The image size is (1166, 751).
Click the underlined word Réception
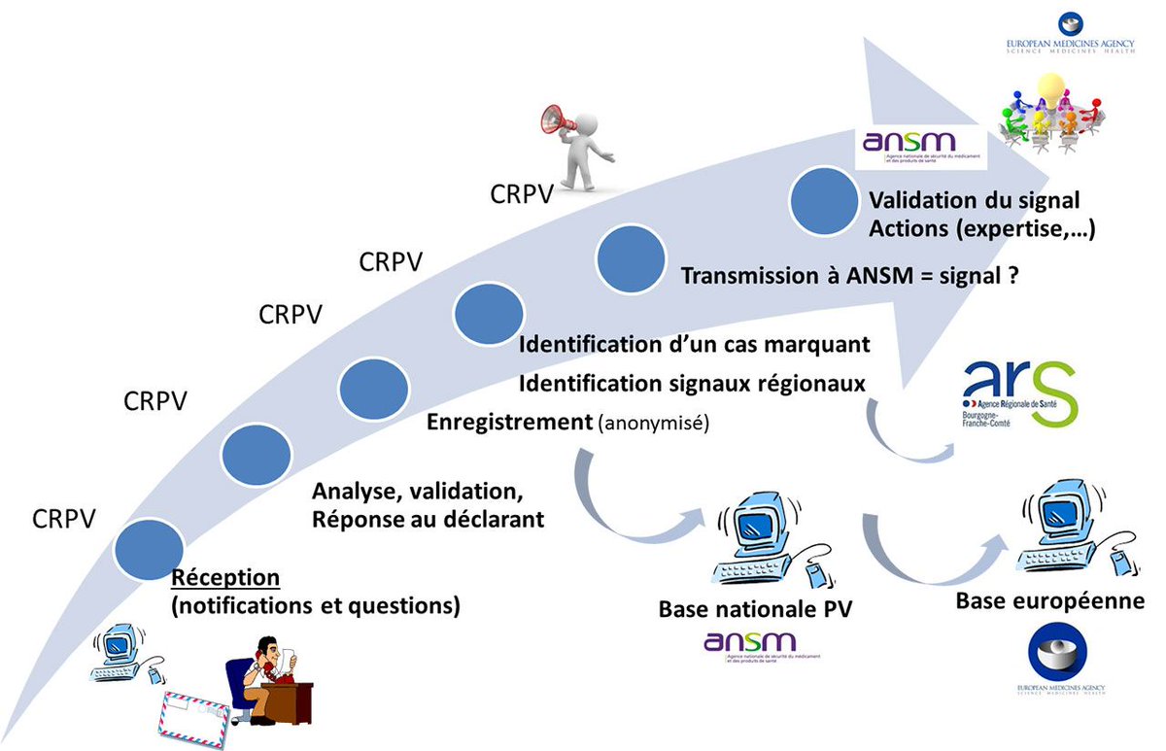[x=225, y=578]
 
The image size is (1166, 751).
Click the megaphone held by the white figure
[x=557, y=119]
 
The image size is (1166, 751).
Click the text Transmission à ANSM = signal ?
[x=849, y=275]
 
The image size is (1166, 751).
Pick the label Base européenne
[x=1049, y=601]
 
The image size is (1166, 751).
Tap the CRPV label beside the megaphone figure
[x=521, y=193]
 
